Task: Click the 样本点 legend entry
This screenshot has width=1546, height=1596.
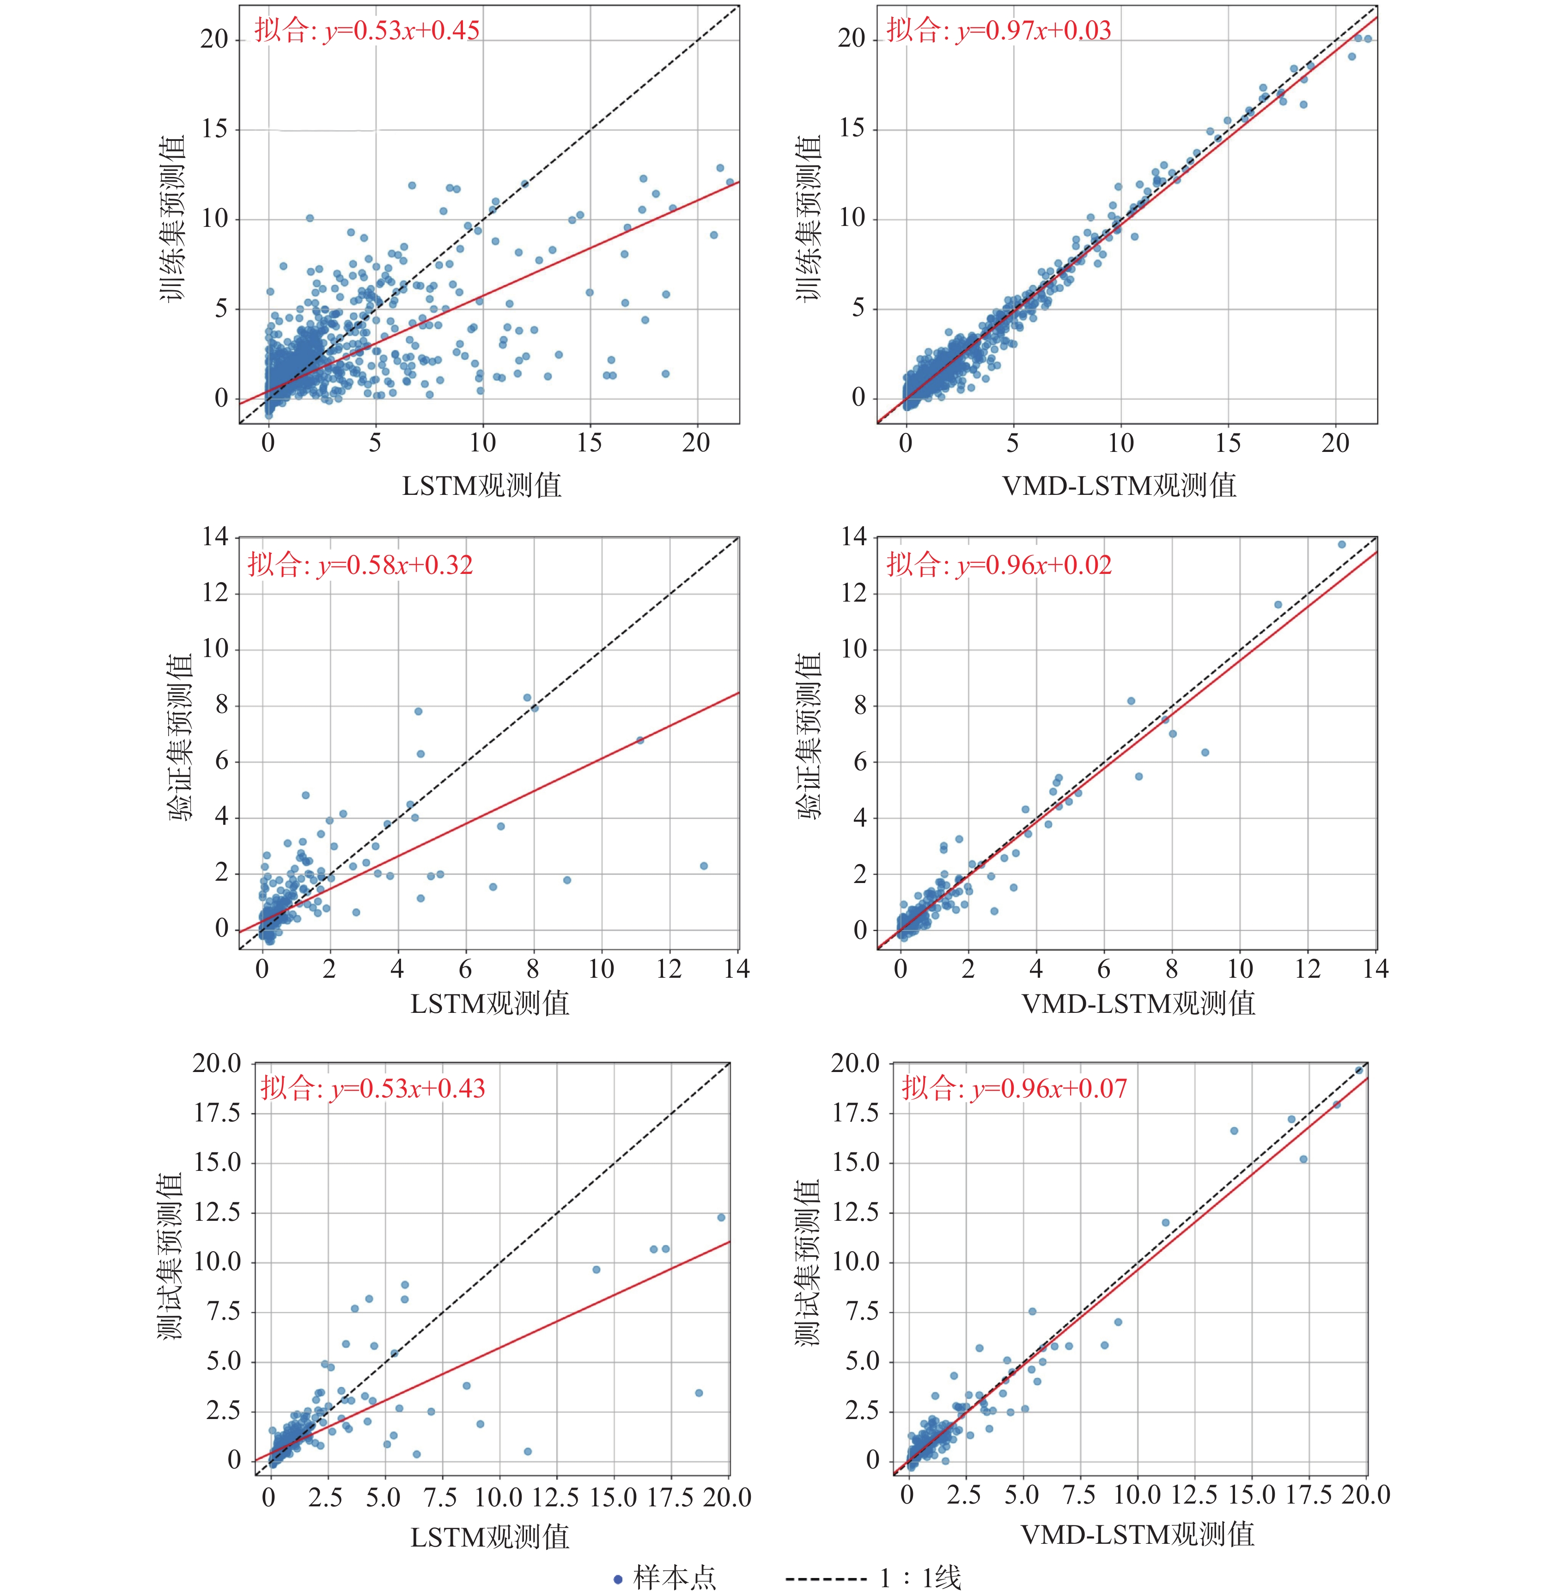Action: click(x=665, y=1577)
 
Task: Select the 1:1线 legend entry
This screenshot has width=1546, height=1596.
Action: click(x=874, y=1577)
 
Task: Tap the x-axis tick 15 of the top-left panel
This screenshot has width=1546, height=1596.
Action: click(x=589, y=443)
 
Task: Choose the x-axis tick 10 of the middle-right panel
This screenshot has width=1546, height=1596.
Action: click(x=1240, y=969)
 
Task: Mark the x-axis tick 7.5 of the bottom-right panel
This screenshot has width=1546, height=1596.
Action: click(x=1079, y=1494)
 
